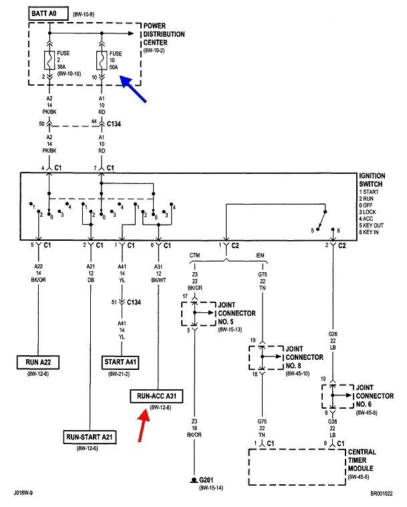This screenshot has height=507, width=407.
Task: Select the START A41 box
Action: point(122,362)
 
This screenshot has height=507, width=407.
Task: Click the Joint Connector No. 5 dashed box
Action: point(194,312)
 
